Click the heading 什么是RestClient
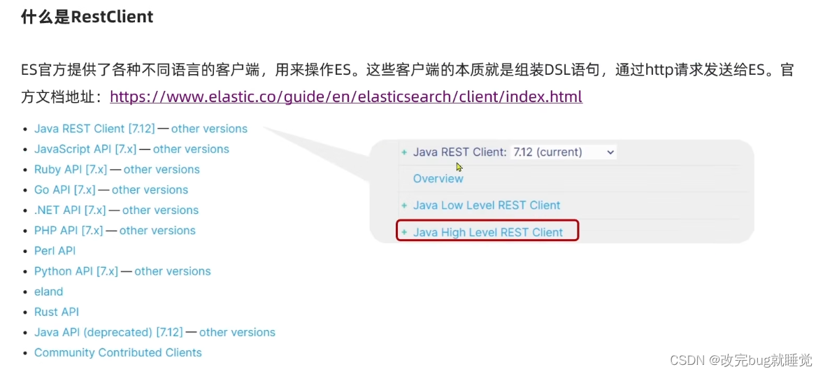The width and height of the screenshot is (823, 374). [87, 17]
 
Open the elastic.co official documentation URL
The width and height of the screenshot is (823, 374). [345, 96]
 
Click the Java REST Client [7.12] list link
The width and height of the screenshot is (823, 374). [94, 129]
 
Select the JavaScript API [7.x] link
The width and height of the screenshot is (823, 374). [85, 149]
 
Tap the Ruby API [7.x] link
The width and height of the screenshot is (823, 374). [70, 169]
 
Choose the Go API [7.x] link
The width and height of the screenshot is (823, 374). [64, 189]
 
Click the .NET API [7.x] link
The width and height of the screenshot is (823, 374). [69, 210]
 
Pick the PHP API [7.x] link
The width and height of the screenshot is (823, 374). [69, 230]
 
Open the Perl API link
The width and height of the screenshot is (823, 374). [55, 250]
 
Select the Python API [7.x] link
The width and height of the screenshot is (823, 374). [76, 271]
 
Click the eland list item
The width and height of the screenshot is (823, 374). [48, 292]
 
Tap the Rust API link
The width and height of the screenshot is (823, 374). [56, 312]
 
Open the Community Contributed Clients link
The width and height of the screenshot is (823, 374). [117, 352]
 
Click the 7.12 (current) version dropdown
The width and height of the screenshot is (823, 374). [563, 152]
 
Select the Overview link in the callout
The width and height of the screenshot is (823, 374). [438, 178]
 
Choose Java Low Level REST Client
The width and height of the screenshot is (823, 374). [486, 205]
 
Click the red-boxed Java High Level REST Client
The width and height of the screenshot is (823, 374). [487, 232]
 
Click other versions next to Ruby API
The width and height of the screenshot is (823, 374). [162, 169]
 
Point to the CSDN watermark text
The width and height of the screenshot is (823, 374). [740, 360]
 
